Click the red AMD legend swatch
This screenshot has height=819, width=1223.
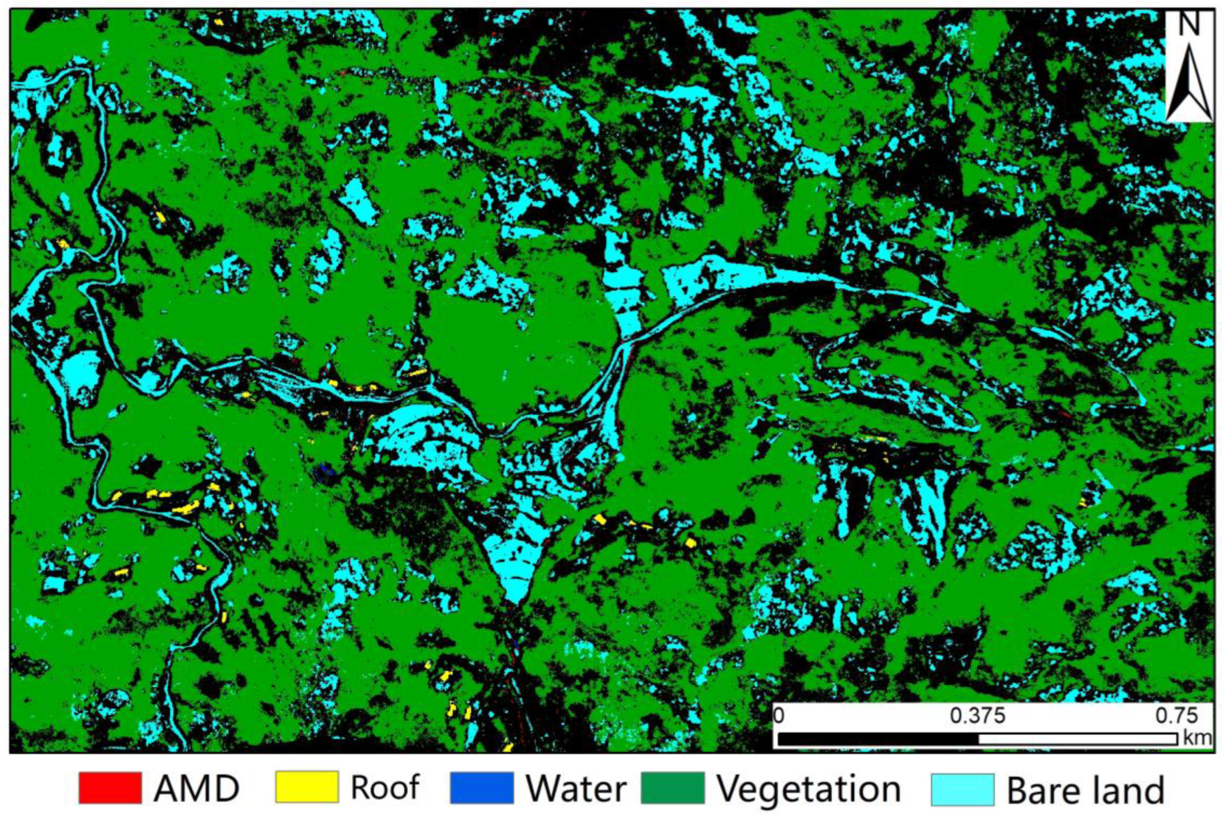110,788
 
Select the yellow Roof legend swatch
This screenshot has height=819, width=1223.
307,788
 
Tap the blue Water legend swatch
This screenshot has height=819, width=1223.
481,788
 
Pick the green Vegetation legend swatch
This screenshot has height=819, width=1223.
672,788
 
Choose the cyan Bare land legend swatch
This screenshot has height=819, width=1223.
962,789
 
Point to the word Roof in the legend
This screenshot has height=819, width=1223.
385,788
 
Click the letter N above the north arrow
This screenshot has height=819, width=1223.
1189,25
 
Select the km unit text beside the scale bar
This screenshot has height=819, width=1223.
1197,738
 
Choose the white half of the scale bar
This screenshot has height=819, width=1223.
1077,739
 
